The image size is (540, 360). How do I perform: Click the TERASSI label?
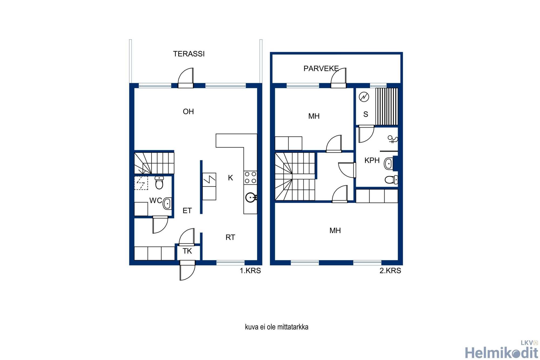tap(189, 54)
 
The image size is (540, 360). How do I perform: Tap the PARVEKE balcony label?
tap(321, 69)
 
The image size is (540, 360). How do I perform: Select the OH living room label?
tap(188, 112)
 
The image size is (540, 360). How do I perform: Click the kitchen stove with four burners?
tap(250, 178)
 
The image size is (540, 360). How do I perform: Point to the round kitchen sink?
tap(251, 197)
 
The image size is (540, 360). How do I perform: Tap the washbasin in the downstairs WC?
tap(167, 203)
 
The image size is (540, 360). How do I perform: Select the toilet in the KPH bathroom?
tap(391, 180)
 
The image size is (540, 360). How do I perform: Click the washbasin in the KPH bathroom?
tap(389, 163)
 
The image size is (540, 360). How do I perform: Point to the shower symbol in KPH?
tap(393, 139)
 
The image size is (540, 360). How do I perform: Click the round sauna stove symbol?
tap(364, 97)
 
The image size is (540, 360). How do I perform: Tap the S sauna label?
tap(366, 114)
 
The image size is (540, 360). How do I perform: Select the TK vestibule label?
tap(187, 251)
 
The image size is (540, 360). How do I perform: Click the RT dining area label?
tap(230, 237)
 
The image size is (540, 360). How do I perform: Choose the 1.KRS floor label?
tap(250, 271)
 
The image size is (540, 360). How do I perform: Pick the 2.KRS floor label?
tap(390, 271)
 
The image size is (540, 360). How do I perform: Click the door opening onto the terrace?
tap(186, 78)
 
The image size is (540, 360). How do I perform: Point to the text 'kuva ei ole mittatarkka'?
tap(276, 327)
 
